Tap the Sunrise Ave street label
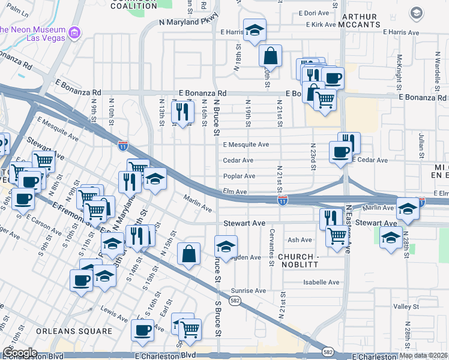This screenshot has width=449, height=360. point(249,290)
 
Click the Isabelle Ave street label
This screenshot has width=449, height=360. point(322,282)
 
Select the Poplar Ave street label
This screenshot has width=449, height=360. point(239,176)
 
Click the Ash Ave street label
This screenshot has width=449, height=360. point(300,240)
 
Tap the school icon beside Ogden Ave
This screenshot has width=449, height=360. point(226,246)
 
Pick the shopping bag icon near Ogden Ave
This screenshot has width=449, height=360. point(188,254)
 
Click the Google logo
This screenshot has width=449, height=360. point(20,353)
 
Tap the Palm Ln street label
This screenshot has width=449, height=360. point(20,11)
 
